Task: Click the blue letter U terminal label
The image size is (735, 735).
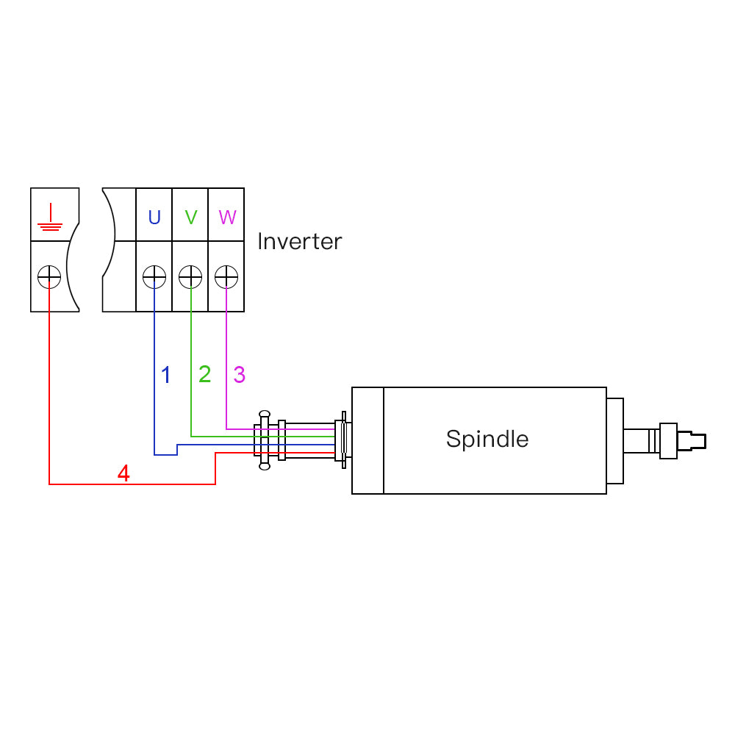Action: point(154,218)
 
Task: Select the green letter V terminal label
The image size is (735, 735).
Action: point(191,218)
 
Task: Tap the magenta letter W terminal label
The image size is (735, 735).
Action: point(227,218)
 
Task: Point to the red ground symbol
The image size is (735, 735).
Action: point(49,218)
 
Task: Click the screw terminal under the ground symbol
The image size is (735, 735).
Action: point(49,277)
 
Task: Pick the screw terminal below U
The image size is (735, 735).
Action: point(154,277)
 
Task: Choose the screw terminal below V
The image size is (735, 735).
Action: point(190,277)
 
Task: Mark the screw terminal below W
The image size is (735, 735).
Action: point(226,277)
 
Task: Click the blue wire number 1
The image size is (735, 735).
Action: point(166,375)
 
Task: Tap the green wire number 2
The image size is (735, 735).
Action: point(204,374)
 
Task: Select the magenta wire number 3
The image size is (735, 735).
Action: point(240,374)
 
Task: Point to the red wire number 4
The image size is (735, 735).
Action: point(123,474)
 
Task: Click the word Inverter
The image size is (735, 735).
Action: point(299,241)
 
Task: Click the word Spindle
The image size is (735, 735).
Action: point(487,439)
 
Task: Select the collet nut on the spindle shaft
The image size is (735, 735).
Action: point(668,441)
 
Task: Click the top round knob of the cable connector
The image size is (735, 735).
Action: point(265,415)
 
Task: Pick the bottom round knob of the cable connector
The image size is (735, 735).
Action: point(265,465)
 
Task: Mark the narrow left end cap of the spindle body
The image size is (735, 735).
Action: point(367,440)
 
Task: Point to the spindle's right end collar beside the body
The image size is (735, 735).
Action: point(615,441)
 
